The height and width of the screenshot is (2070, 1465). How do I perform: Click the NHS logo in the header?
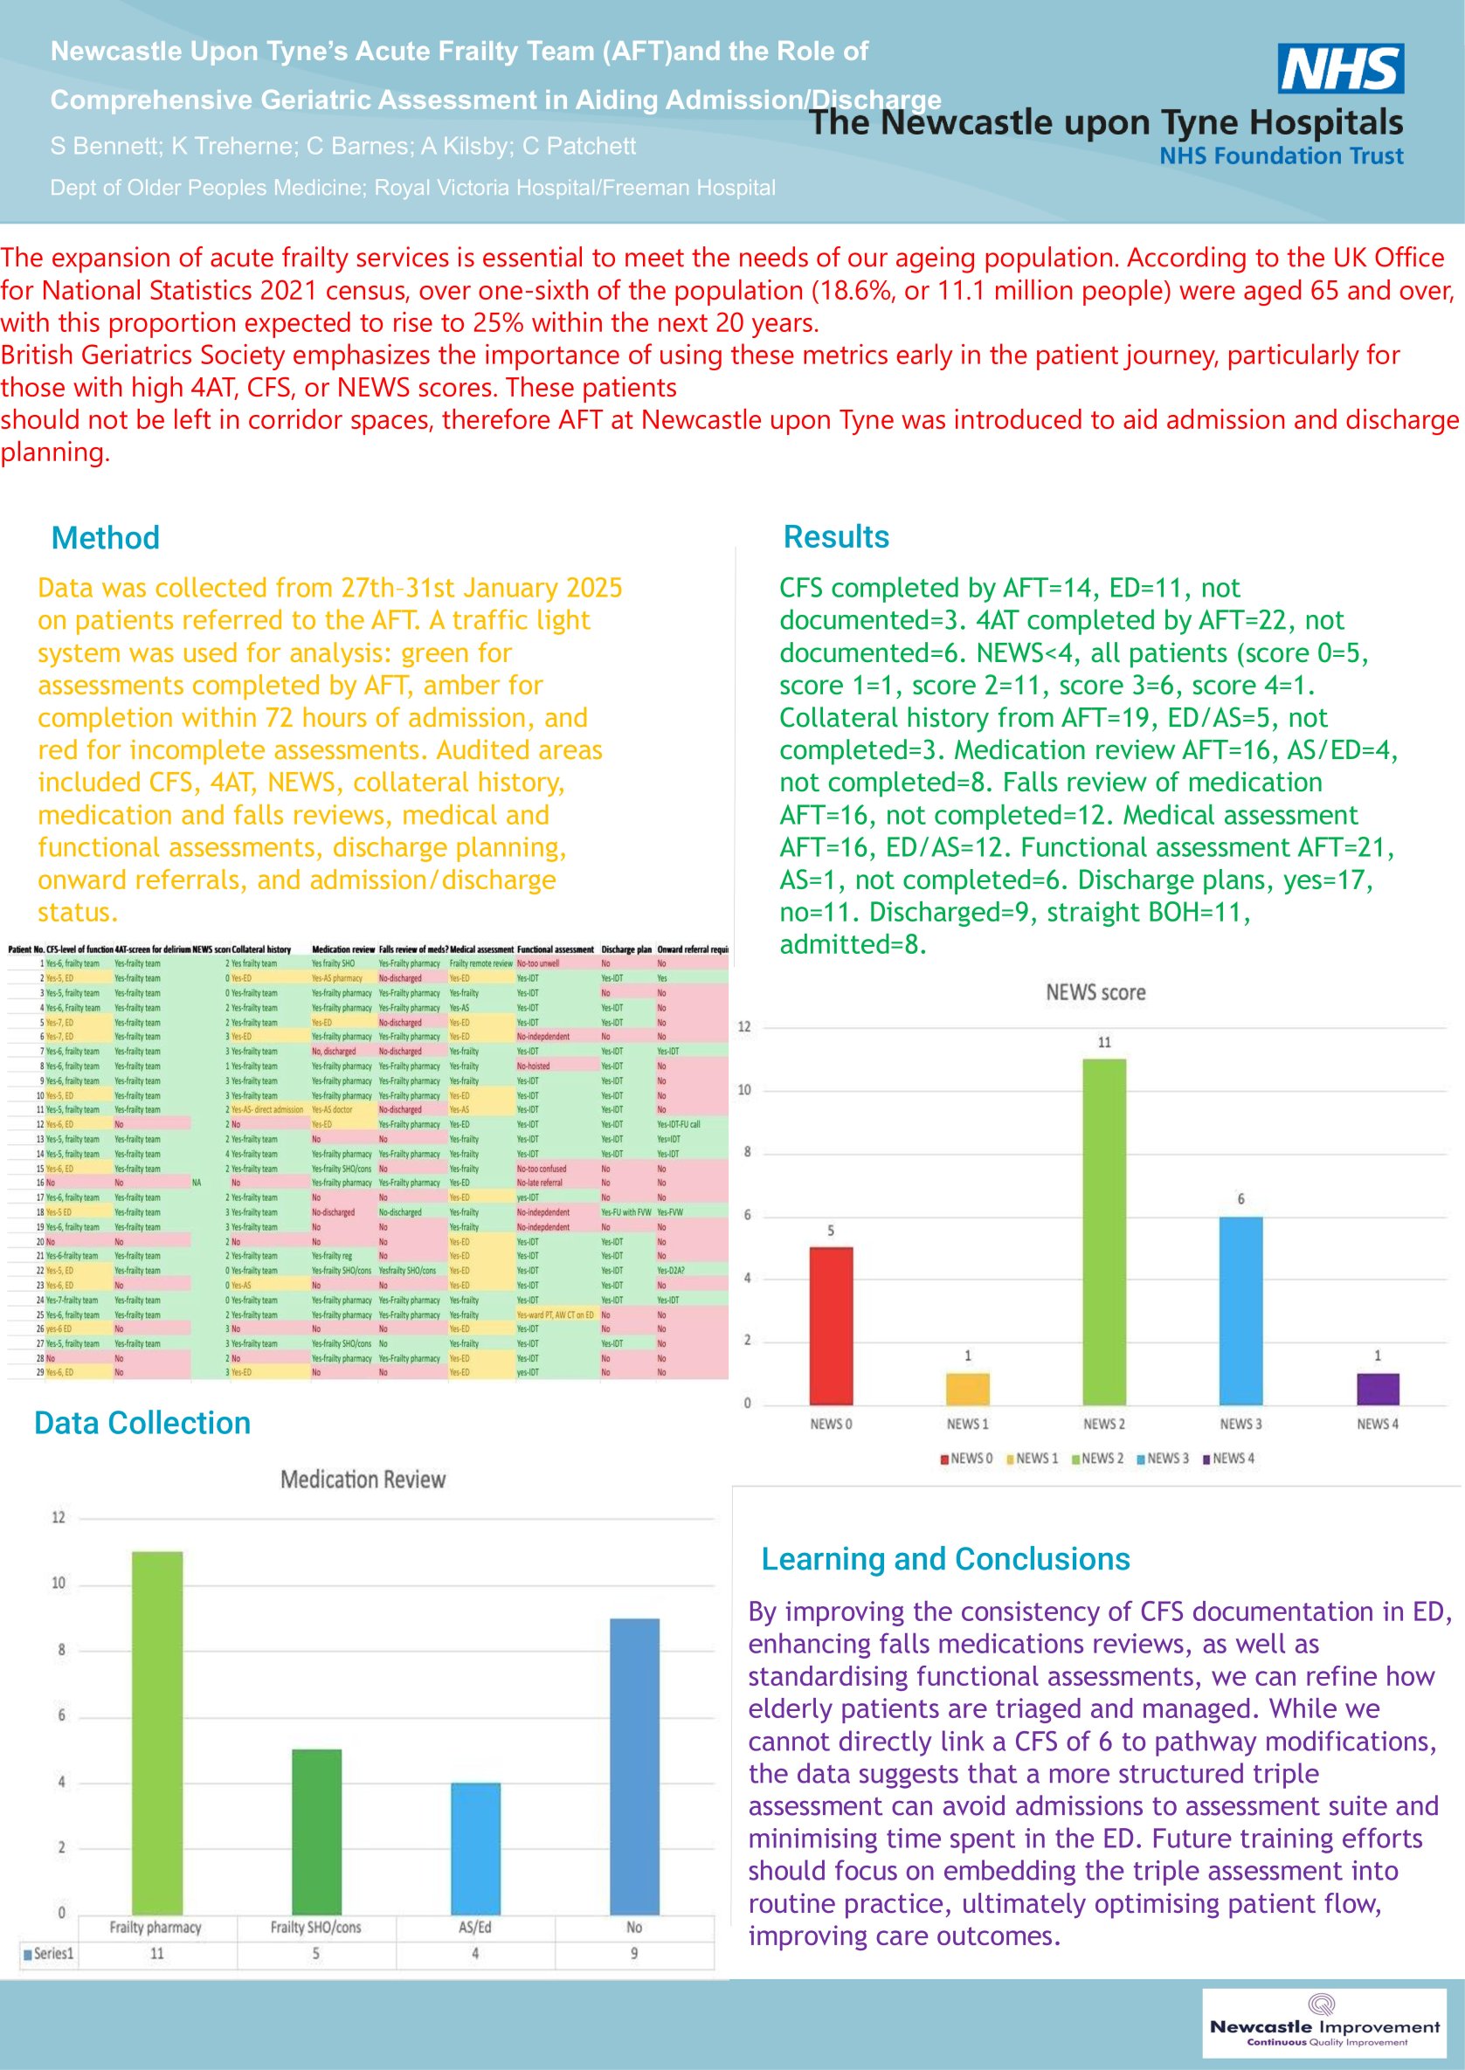coord(1339,68)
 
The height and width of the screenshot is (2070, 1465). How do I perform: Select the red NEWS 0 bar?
coord(830,1325)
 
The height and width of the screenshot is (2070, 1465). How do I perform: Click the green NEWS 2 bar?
coord(1103,1232)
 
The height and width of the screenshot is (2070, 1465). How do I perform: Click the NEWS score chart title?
coord(1095,992)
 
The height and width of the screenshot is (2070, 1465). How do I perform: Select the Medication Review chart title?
coord(363,1480)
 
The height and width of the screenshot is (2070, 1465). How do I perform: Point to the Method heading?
coord(106,537)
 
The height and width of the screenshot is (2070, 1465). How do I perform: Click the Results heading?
coord(835,536)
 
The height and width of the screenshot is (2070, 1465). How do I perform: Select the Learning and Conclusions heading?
coord(944,1558)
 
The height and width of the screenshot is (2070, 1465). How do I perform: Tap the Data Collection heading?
coord(142,1423)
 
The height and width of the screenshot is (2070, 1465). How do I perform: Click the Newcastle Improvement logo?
coord(1323,2022)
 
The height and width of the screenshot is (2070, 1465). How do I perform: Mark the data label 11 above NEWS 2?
coord(1104,1042)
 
